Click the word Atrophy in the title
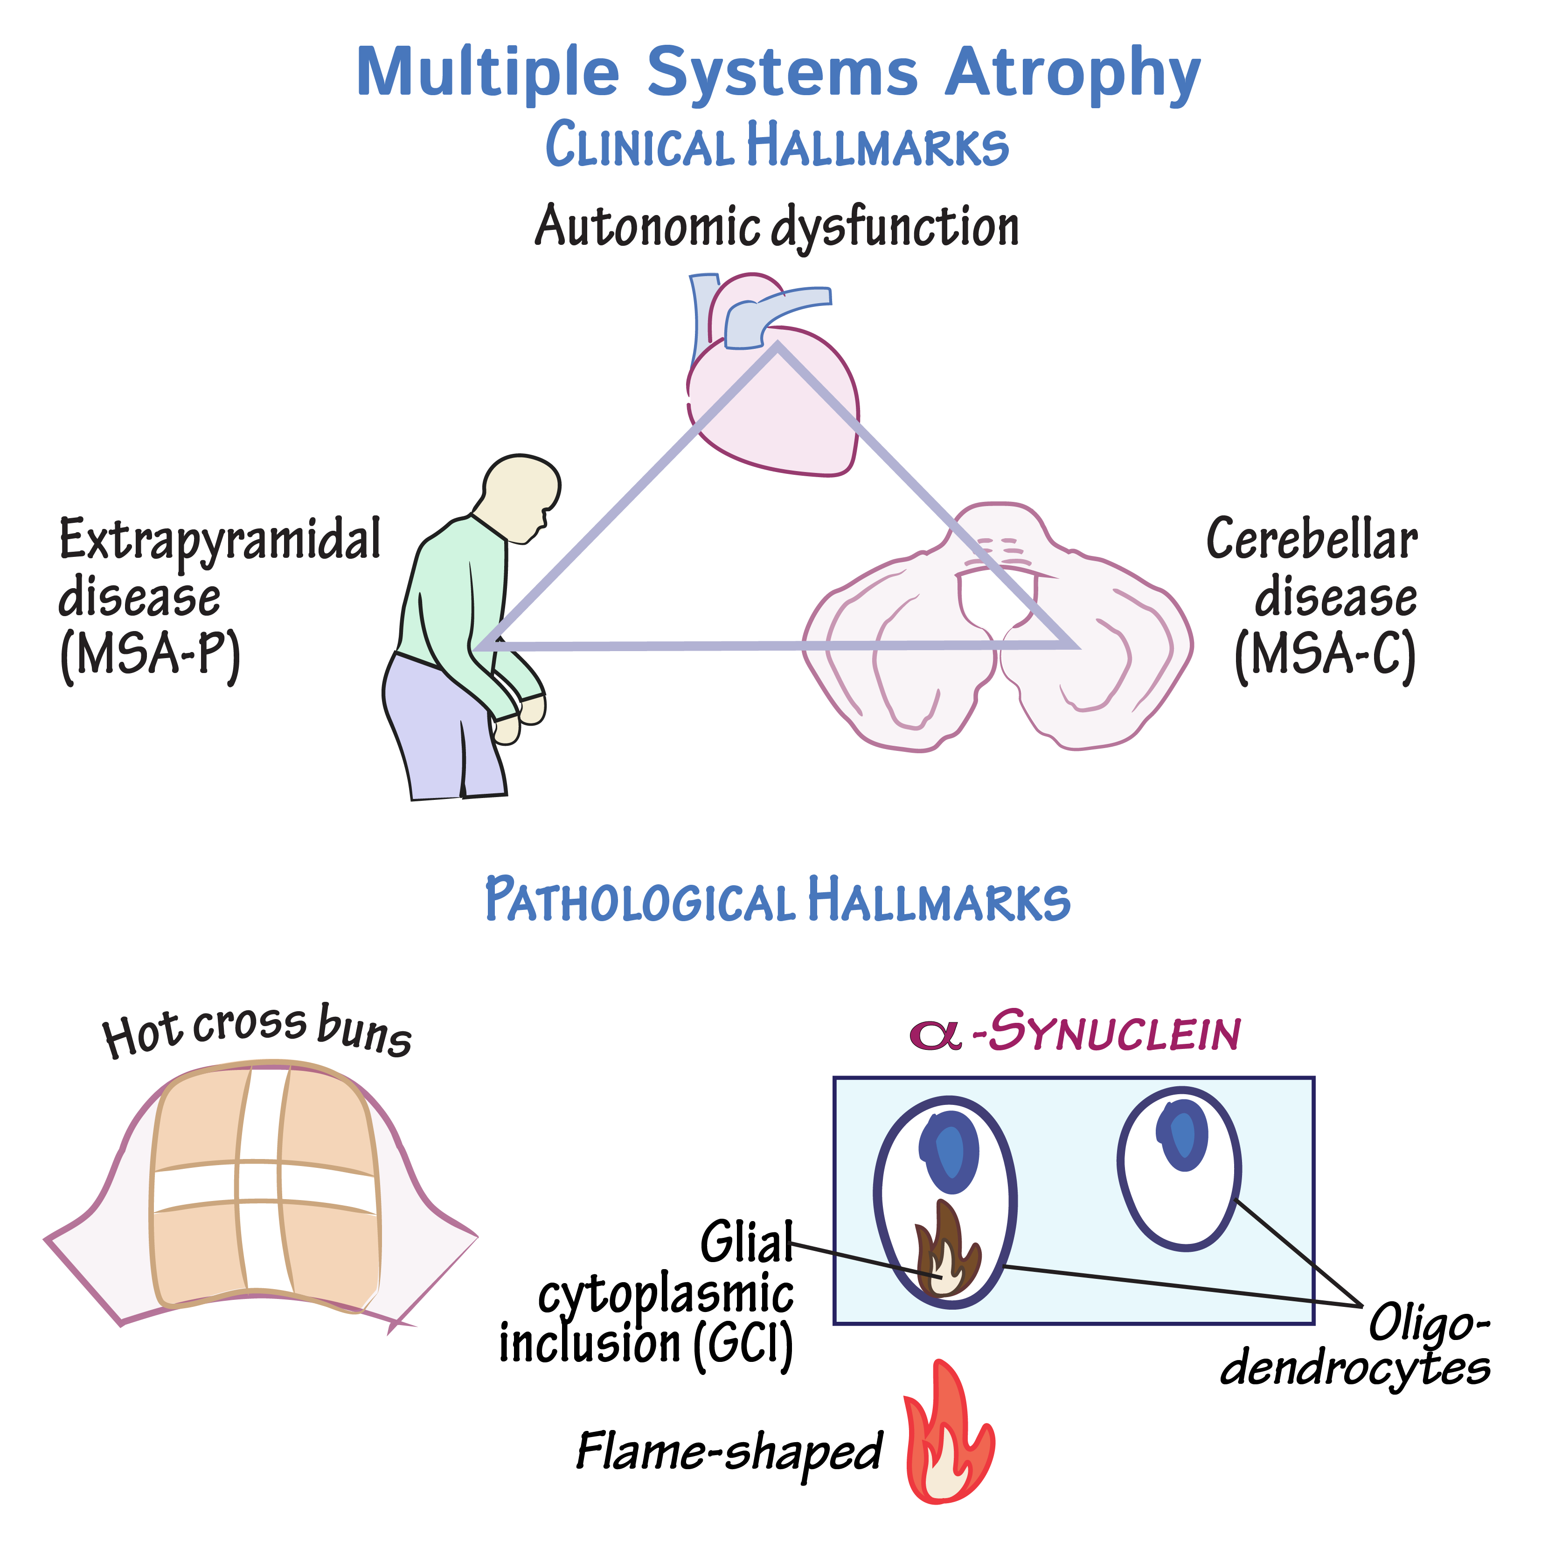tap(1072, 74)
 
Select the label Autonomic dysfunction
tap(777, 228)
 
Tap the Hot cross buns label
tap(257, 1032)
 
